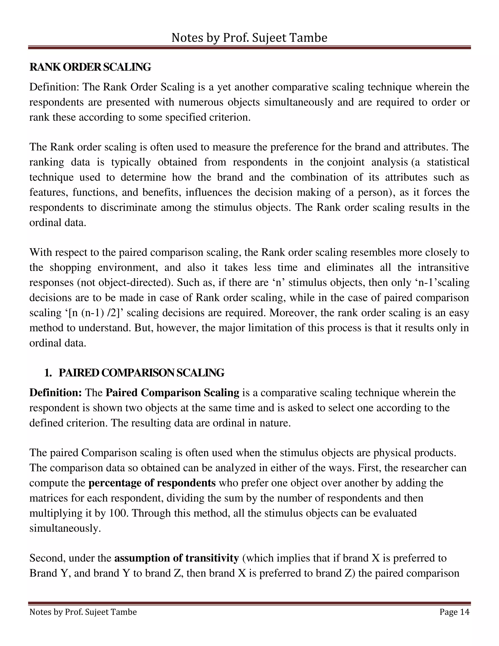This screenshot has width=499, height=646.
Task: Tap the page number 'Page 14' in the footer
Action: pos(454,612)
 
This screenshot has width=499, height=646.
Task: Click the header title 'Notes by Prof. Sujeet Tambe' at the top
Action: pos(249,38)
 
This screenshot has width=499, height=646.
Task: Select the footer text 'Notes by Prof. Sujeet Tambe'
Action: pos(83,612)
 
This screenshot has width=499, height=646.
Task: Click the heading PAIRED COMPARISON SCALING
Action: pos(141,373)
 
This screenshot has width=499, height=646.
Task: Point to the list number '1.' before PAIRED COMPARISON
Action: pos(48,373)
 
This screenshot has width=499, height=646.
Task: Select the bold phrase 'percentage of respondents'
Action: pos(152,483)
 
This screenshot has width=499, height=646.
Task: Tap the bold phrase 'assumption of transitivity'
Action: pos(176,558)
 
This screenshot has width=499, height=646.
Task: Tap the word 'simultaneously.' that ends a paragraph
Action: pos(65,528)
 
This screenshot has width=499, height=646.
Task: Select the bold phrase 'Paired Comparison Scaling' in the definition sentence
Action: pos(172,393)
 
